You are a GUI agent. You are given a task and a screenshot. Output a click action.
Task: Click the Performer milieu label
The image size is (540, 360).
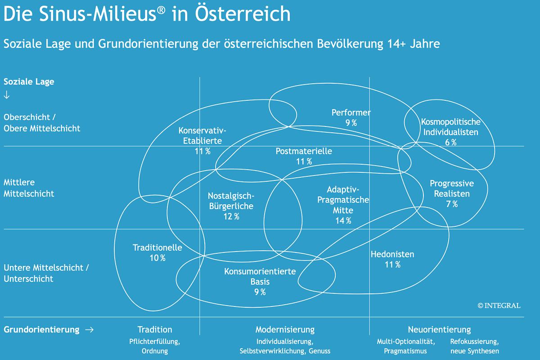coord(351,112)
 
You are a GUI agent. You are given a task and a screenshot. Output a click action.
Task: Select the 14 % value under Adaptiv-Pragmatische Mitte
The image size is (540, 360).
coord(343,220)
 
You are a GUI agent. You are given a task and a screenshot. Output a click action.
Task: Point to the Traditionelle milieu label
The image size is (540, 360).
coord(157,247)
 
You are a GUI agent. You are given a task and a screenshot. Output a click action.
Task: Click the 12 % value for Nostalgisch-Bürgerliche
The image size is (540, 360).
coord(231,216)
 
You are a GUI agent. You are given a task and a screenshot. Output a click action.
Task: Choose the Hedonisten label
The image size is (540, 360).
coord(392,254)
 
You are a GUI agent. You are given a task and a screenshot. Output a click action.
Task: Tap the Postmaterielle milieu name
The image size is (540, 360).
coord(304,151)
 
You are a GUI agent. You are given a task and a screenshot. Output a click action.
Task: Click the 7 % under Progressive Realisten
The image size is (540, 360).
coord(452,204)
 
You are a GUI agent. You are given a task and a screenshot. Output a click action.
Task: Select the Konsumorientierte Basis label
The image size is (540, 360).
coord(260,276)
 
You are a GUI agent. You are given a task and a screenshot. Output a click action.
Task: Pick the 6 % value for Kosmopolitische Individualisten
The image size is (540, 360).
coord(450,142)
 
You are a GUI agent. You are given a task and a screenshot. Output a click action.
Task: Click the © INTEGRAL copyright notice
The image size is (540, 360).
coord(499,306)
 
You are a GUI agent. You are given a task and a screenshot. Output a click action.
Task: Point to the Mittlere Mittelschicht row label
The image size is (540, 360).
coord(29,188)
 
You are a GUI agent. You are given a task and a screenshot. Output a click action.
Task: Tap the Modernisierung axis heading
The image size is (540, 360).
coord(285,329)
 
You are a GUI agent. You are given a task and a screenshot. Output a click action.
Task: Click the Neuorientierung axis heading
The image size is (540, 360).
coord(439,329)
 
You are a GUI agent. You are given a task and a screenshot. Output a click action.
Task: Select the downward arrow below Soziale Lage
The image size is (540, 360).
coord(7,95)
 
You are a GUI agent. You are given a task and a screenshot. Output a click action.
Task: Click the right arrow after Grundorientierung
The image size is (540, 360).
coord(89,330)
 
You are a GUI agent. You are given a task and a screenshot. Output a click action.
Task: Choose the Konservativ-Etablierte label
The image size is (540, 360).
coord(202,135)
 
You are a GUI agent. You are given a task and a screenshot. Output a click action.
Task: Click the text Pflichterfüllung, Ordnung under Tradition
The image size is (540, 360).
coord(154,346)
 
